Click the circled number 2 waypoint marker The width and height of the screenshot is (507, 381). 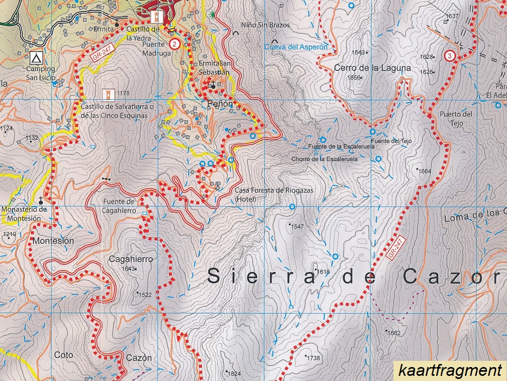tap(175, 44)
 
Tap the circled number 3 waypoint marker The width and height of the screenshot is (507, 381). tap(451, 56)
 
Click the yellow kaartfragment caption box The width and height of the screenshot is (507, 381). tap(449, 370)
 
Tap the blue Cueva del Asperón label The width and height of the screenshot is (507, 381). tap(296, 46)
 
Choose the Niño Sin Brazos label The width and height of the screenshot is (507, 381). tap(265, 25)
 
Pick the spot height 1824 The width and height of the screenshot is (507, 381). tap(233, 373)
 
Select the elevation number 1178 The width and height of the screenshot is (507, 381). tap(123, 93)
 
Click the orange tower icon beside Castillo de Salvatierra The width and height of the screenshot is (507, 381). tap(108, 94)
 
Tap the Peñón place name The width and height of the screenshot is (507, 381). tap(220, 104)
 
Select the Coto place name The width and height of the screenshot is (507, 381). tap(64, 355)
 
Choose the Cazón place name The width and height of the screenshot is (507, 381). tap(139, 358)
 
